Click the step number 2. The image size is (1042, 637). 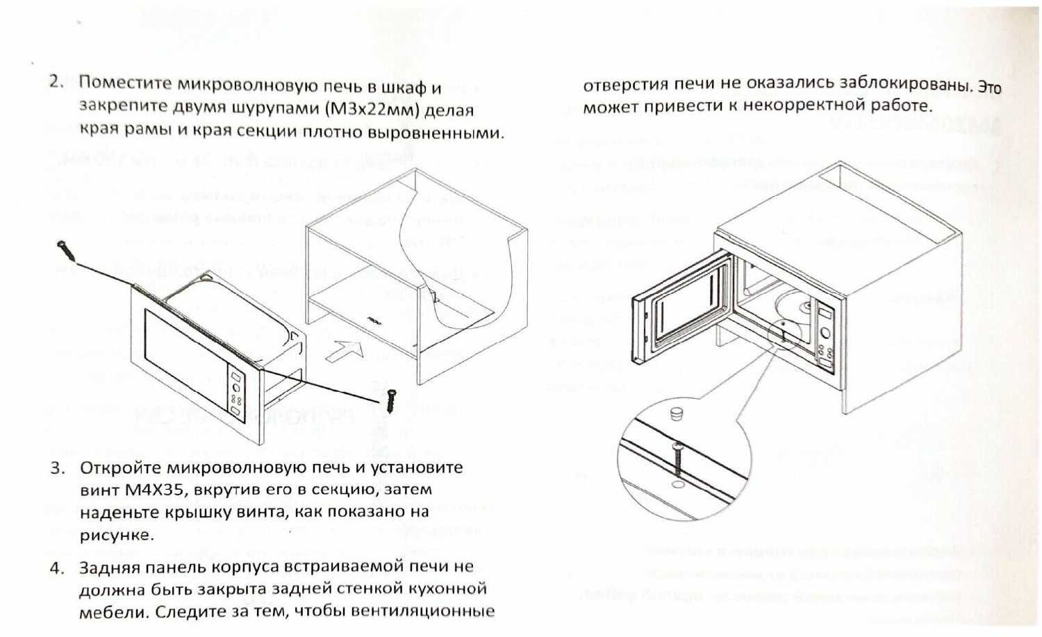[55, 81]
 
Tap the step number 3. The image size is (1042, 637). [57, 468]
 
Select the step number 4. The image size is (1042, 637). [57, 568]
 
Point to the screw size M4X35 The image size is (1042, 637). [154, 490]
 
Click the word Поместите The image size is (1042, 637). [125, 83]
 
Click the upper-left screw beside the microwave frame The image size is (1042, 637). [64, 247]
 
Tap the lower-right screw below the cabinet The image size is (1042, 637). [390, 401]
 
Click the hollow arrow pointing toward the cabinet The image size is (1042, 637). [345, 349]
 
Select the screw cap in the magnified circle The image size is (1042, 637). [677, 414]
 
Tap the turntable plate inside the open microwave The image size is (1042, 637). [791, 306]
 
